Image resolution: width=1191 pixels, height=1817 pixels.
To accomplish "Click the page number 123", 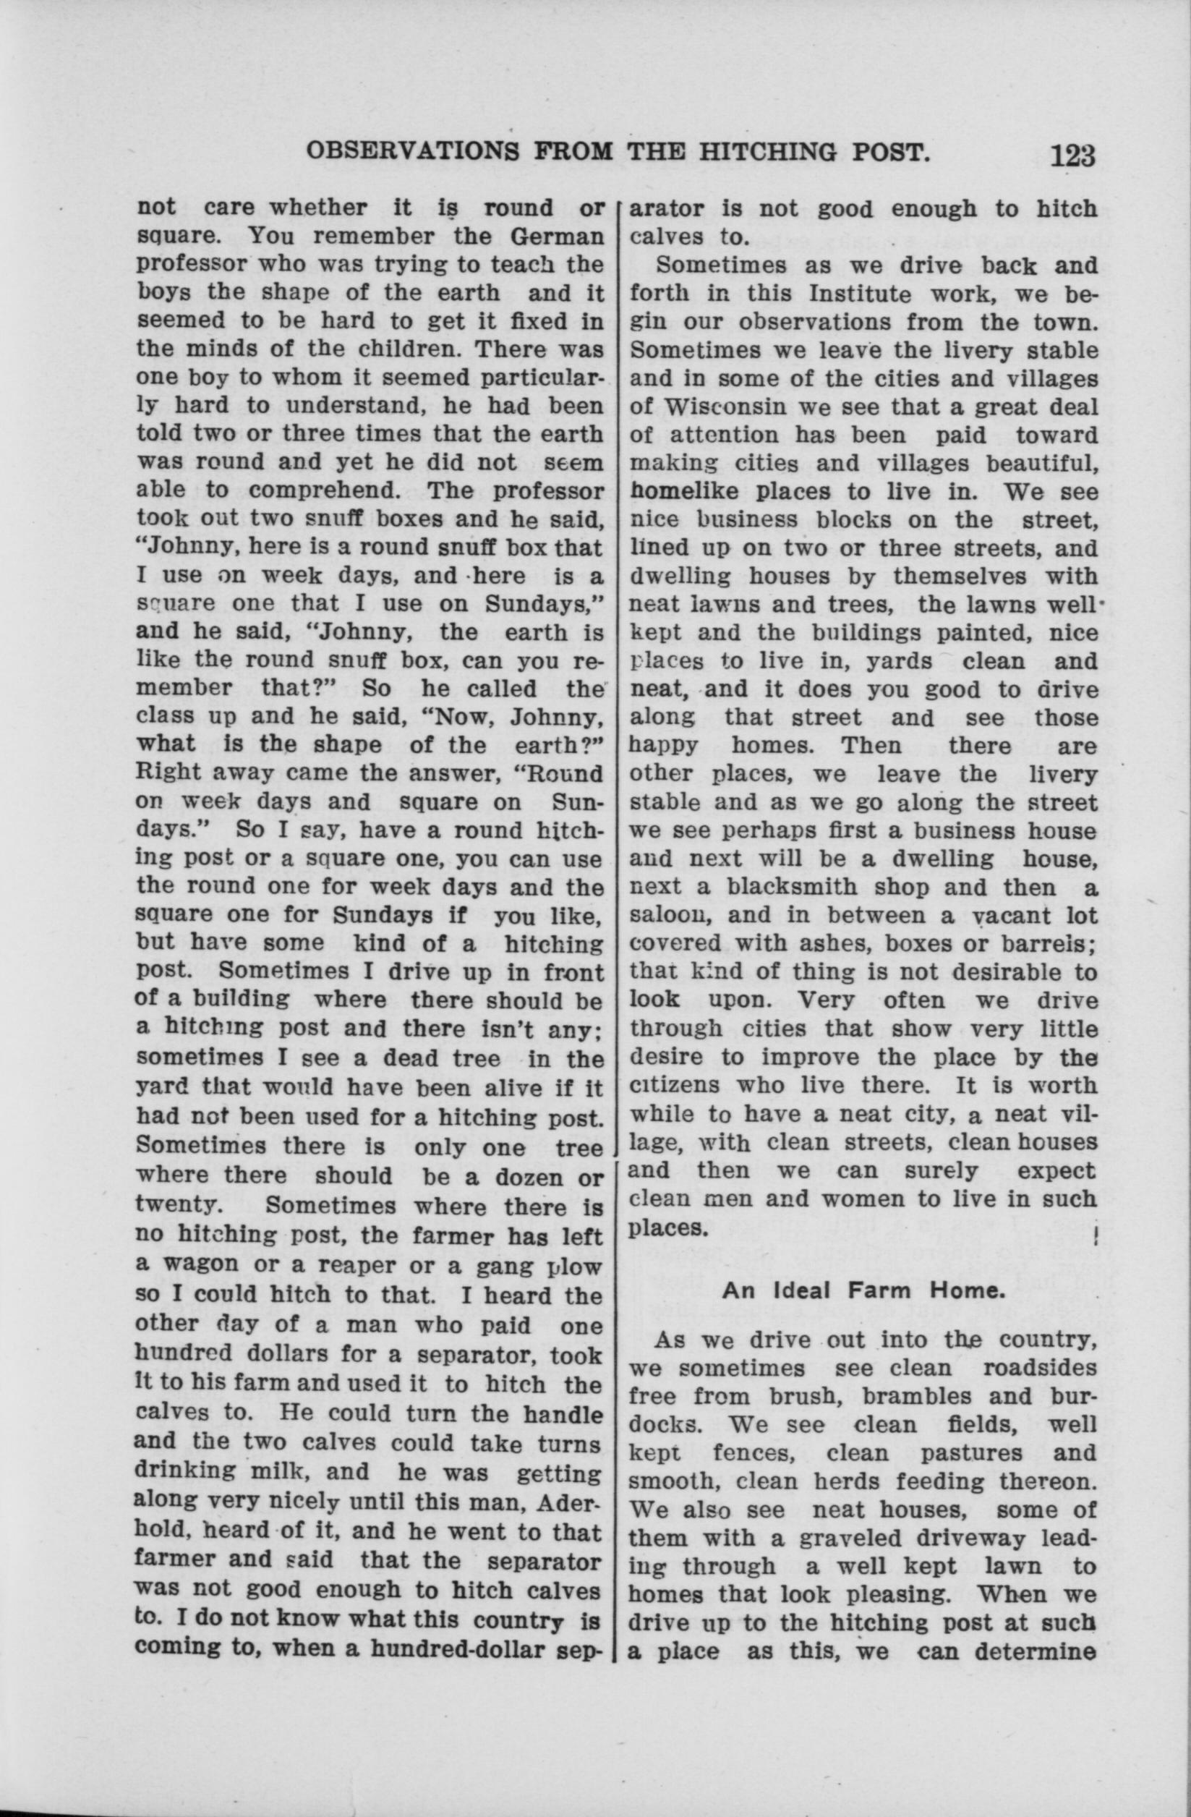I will tap(1072, 156).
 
